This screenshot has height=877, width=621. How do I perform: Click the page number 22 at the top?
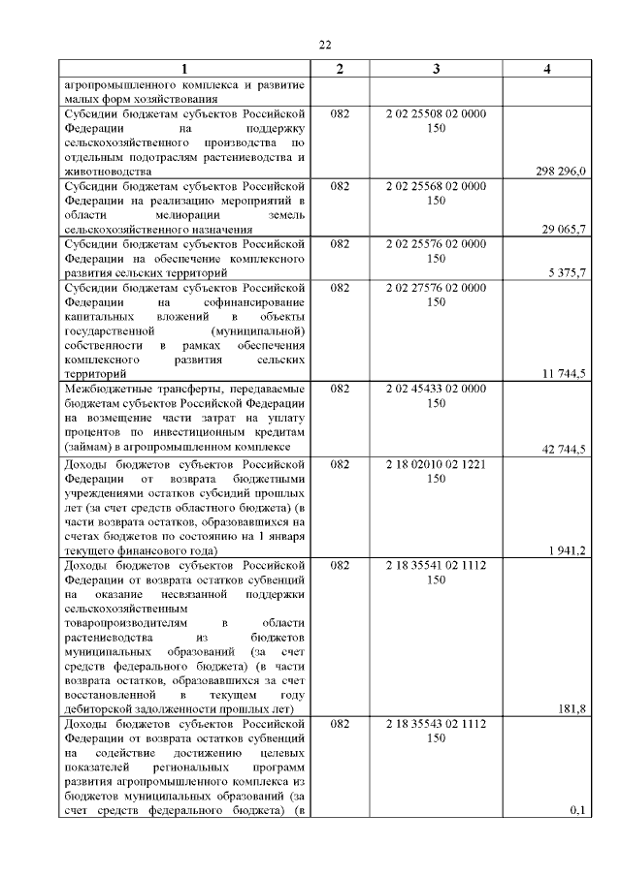325,44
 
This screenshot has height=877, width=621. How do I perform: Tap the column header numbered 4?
548,69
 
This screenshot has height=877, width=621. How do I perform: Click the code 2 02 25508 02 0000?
436,113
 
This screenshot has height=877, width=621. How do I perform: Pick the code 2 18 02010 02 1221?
436,464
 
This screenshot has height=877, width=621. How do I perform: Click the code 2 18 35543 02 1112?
436,724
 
